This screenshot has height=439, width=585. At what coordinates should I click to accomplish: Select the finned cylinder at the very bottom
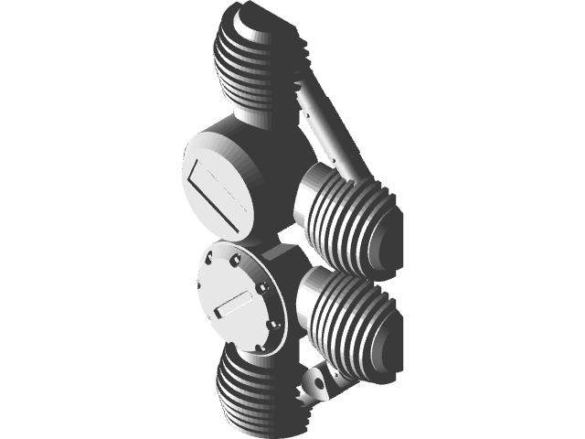click(256, 393)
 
